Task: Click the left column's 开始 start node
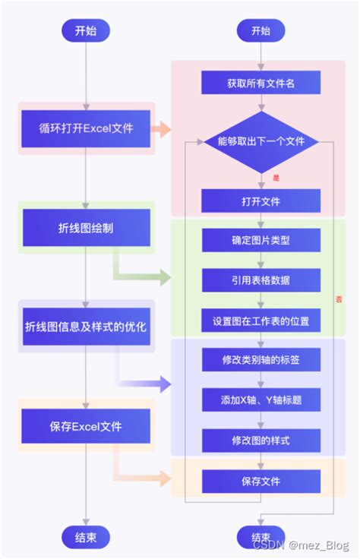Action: tap(86, 31)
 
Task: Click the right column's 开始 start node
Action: tap(261, 31)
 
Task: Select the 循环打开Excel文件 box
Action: tap(86, 128)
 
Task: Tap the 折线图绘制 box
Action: tap(86, 228)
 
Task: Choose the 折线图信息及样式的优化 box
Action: tap(86, 327)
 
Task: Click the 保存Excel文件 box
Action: tap(86, 425)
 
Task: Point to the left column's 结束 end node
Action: tap(86, 537)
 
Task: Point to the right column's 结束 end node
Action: tap(261, 537)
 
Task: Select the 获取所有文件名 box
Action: tap(261, 82)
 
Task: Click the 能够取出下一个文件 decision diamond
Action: tap(261, 141)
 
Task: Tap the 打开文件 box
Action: tap(261, 201)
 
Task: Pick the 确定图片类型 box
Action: tap(261, 241)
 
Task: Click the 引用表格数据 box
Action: tap(261, 280)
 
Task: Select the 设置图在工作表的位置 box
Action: tap(261, 321)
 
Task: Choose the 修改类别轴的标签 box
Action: tap(261, 359)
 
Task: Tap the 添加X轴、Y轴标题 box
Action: tap(261, 400)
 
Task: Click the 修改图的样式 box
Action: tap(261, 441)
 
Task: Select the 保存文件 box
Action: tap(261, 481)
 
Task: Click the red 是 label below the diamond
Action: tap(276, 178)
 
